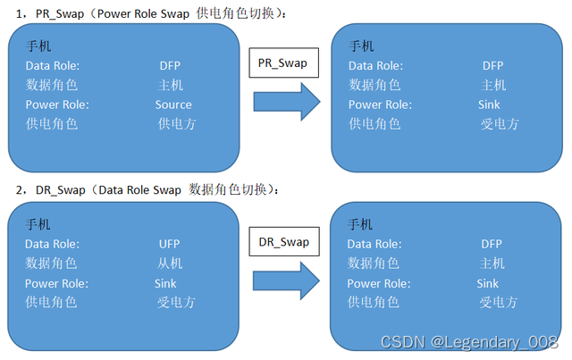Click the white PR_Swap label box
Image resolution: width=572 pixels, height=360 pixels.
pos(282,63)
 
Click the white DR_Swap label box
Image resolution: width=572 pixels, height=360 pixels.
pos(283,241)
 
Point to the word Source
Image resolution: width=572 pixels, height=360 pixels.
pos(173,105)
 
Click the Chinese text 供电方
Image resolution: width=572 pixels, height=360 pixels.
pos(176,123)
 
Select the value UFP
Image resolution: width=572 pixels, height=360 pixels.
pos(169,244)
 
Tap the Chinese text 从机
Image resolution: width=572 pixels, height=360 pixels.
pos(170,263)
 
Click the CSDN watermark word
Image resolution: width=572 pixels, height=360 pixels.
pos(400,342)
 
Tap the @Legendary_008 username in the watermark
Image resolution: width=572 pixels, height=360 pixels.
pos(492,342)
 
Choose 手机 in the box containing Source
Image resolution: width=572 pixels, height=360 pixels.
pos(38,46)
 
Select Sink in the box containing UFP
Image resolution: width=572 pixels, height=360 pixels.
pos(165,283)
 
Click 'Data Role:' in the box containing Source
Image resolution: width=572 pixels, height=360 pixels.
pos(53,65)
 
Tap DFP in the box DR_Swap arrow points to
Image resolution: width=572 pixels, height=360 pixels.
pos(492,244)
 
